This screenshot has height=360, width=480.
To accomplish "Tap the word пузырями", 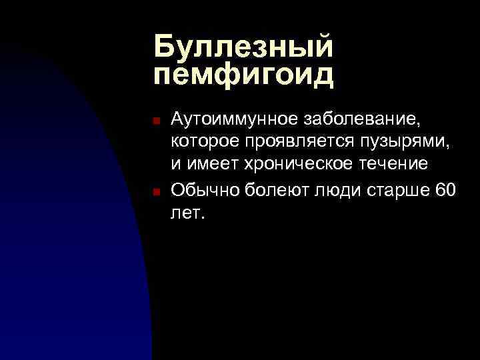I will pyautogui.click(x=399, y=143).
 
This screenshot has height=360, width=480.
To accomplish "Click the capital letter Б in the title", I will pyautogui.click(x=165, y=47).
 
